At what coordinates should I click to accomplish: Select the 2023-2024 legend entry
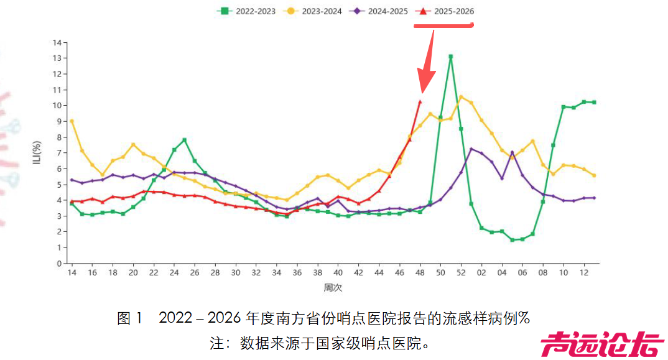(315, 11)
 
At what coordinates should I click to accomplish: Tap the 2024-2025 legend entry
(380, 11)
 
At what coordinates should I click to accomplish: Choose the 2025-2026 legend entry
(445, 11)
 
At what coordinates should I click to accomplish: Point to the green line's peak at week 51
(450, 57)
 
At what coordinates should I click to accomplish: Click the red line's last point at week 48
(420, 102)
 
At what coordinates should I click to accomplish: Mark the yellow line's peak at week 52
(461, 96)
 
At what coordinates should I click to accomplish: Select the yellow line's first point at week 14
(72, 121)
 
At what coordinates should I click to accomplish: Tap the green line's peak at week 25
(185, 140)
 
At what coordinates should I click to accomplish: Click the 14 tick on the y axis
(57, 42)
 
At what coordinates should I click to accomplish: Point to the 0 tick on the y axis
(59, 263)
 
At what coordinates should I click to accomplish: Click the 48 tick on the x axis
(420, 274)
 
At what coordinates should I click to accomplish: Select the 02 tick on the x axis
(481, 274)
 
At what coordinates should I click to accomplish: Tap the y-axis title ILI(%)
(37, 153)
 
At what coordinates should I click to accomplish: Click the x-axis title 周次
(333, 288)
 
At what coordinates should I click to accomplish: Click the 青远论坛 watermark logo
(601, 344)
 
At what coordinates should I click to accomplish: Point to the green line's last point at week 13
(594, 102)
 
